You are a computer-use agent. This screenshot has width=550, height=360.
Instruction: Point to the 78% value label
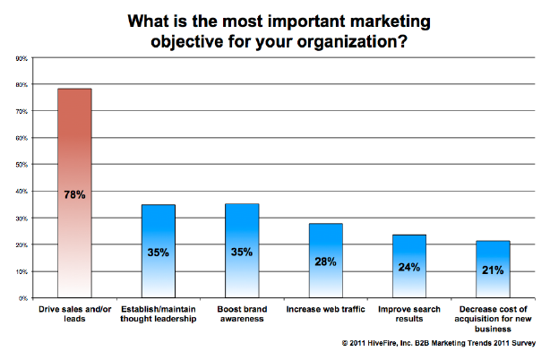[x=74, y=194]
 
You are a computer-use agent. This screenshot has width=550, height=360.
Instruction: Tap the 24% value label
[x=409, y=267]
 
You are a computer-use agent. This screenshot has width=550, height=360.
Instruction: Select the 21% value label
[x=493, y=270]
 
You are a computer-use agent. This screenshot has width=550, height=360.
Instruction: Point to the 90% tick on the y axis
[x=21, y=58]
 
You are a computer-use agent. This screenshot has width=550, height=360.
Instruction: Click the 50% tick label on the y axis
[x=21, y=165]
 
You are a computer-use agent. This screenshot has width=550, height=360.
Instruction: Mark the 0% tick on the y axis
[x=22, y=297]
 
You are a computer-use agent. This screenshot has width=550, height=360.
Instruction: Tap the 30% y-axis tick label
[x=21, y=218]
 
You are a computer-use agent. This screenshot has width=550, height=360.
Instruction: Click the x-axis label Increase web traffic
[x=326, y=309]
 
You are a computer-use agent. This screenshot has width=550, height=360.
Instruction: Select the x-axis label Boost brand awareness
[x=242, y=314]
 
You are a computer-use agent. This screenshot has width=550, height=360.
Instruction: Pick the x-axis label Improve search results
[x=409, y=314]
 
